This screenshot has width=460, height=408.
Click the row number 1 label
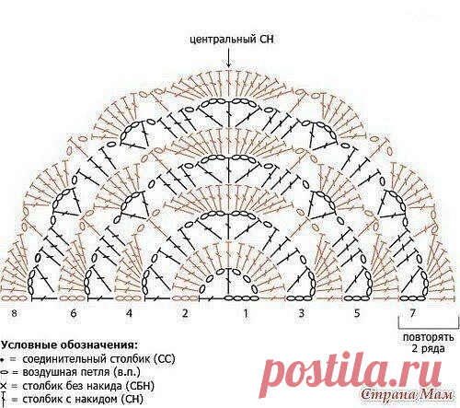point(246,313)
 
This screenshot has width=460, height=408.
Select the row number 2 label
point(185,313)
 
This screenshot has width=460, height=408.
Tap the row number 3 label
point(302,313)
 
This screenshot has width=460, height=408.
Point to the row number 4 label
point(129,313)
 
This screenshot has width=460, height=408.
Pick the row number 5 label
point(357,313)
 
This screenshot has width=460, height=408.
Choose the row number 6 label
point(74,313)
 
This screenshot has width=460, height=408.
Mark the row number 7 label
point(413,313)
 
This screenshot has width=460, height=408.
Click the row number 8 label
point(14,313)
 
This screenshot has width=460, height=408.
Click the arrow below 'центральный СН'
point(228,57)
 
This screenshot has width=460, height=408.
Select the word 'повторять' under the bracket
point(429,337)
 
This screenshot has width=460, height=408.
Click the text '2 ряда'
point(428,348)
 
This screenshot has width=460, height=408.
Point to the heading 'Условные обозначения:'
point(69,344)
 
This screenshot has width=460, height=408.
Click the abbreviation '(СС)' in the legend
point(165,358)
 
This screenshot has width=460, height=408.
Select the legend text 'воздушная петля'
point(66,372)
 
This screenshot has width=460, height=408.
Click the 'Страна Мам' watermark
point(407,395)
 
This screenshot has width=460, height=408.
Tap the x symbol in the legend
point(4,386)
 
